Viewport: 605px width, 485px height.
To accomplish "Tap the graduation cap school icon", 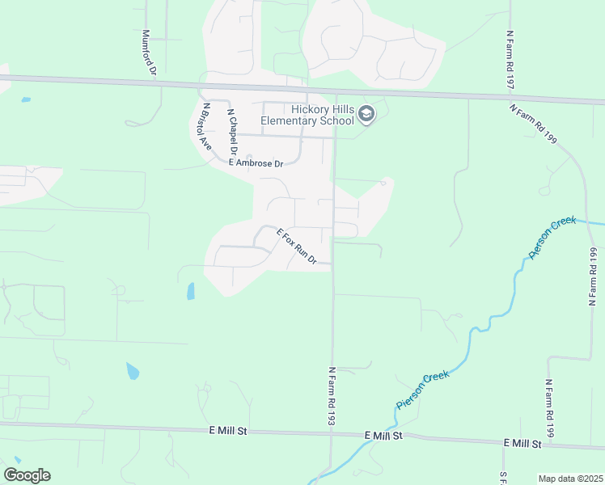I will (x=367, y=115).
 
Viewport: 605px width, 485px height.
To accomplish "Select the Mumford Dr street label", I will (x=147, y=53).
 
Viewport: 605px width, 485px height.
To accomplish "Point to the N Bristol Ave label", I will (x=206, y=127).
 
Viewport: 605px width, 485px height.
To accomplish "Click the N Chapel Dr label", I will (x=231, y=132).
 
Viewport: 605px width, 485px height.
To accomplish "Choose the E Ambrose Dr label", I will (x=256, y=163).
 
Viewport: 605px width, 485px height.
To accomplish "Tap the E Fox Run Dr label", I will (x=296, y=247).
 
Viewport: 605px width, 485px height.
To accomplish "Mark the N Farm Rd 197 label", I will (x=510, y=61).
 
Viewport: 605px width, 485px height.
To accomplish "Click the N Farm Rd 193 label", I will (x=331, y=395).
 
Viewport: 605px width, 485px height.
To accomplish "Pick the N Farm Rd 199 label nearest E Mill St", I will (x=549, y=409).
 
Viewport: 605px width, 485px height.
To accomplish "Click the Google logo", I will (x=27, y=475).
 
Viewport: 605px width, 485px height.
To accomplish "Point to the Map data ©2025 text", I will (x=570, y=479).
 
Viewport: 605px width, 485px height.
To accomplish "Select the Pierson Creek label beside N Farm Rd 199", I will (x=552, y=238).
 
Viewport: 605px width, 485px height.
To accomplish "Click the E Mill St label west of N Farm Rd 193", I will (x=226, y=432).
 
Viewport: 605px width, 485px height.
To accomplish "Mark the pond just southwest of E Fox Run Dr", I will (x=190, y=291).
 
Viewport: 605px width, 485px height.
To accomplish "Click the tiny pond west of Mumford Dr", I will (x=27, y=99).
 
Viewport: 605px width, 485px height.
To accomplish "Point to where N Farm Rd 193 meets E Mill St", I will (x=331, y=435).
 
